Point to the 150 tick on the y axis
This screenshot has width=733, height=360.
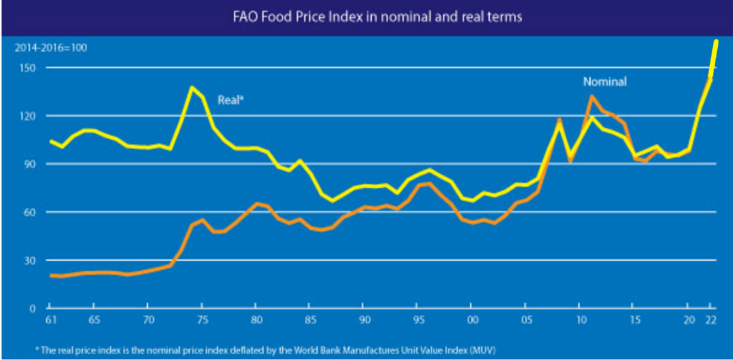coord(27,68)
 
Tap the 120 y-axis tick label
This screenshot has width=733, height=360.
coord(27,116)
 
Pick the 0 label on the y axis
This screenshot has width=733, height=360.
coord(32,308)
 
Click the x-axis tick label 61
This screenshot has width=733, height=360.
coord(52,320)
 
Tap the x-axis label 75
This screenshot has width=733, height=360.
coord(202,320)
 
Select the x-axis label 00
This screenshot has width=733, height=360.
coord(472,320)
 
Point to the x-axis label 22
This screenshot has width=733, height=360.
coord(711,320)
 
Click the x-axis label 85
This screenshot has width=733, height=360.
coord(310,320)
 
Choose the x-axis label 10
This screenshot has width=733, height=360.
coord(580,320)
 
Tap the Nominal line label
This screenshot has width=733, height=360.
coord(605,82)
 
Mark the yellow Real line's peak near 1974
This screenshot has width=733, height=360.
coord(192,88)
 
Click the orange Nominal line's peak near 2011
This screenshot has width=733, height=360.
coord(591,96)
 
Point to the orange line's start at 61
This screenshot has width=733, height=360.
coord(52,276)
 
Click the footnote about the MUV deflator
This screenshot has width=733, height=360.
coord(255,349)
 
